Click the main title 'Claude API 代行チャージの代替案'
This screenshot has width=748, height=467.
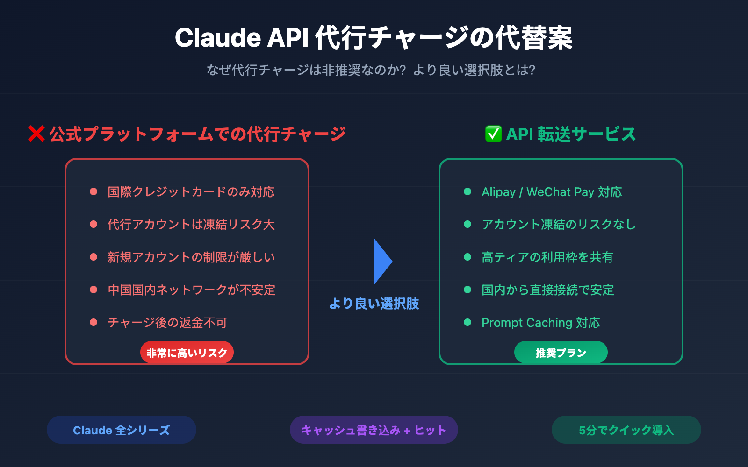coord(374,38)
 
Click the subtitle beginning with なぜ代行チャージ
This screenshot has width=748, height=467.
coord(371,70)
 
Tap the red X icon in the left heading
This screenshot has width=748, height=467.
coord(36,134)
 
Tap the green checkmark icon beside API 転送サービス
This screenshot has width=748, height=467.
coord(493,134)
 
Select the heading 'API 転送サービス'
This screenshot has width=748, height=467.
coord(571,134)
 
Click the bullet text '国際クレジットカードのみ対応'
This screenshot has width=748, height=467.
coord(191,192)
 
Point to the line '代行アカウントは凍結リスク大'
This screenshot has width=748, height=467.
coord(191,225)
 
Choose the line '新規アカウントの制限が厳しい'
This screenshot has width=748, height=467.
coord(191,257)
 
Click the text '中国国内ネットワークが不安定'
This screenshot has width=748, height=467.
coord(191,290)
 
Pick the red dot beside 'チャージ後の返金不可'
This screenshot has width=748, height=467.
coord(93,322)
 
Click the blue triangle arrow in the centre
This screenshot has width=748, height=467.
coord(382,262)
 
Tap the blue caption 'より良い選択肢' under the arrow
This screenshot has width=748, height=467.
coord(374,304)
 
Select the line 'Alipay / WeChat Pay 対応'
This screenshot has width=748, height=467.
coord(552,192)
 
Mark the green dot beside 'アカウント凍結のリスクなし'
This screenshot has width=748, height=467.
coord(467,224)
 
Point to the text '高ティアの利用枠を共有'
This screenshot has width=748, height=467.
coord(547,257)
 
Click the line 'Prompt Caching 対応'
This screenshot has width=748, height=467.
coord(540,323)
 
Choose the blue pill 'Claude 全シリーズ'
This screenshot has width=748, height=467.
coord(122,430)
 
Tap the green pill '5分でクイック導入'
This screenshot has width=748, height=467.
coord(626,430)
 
